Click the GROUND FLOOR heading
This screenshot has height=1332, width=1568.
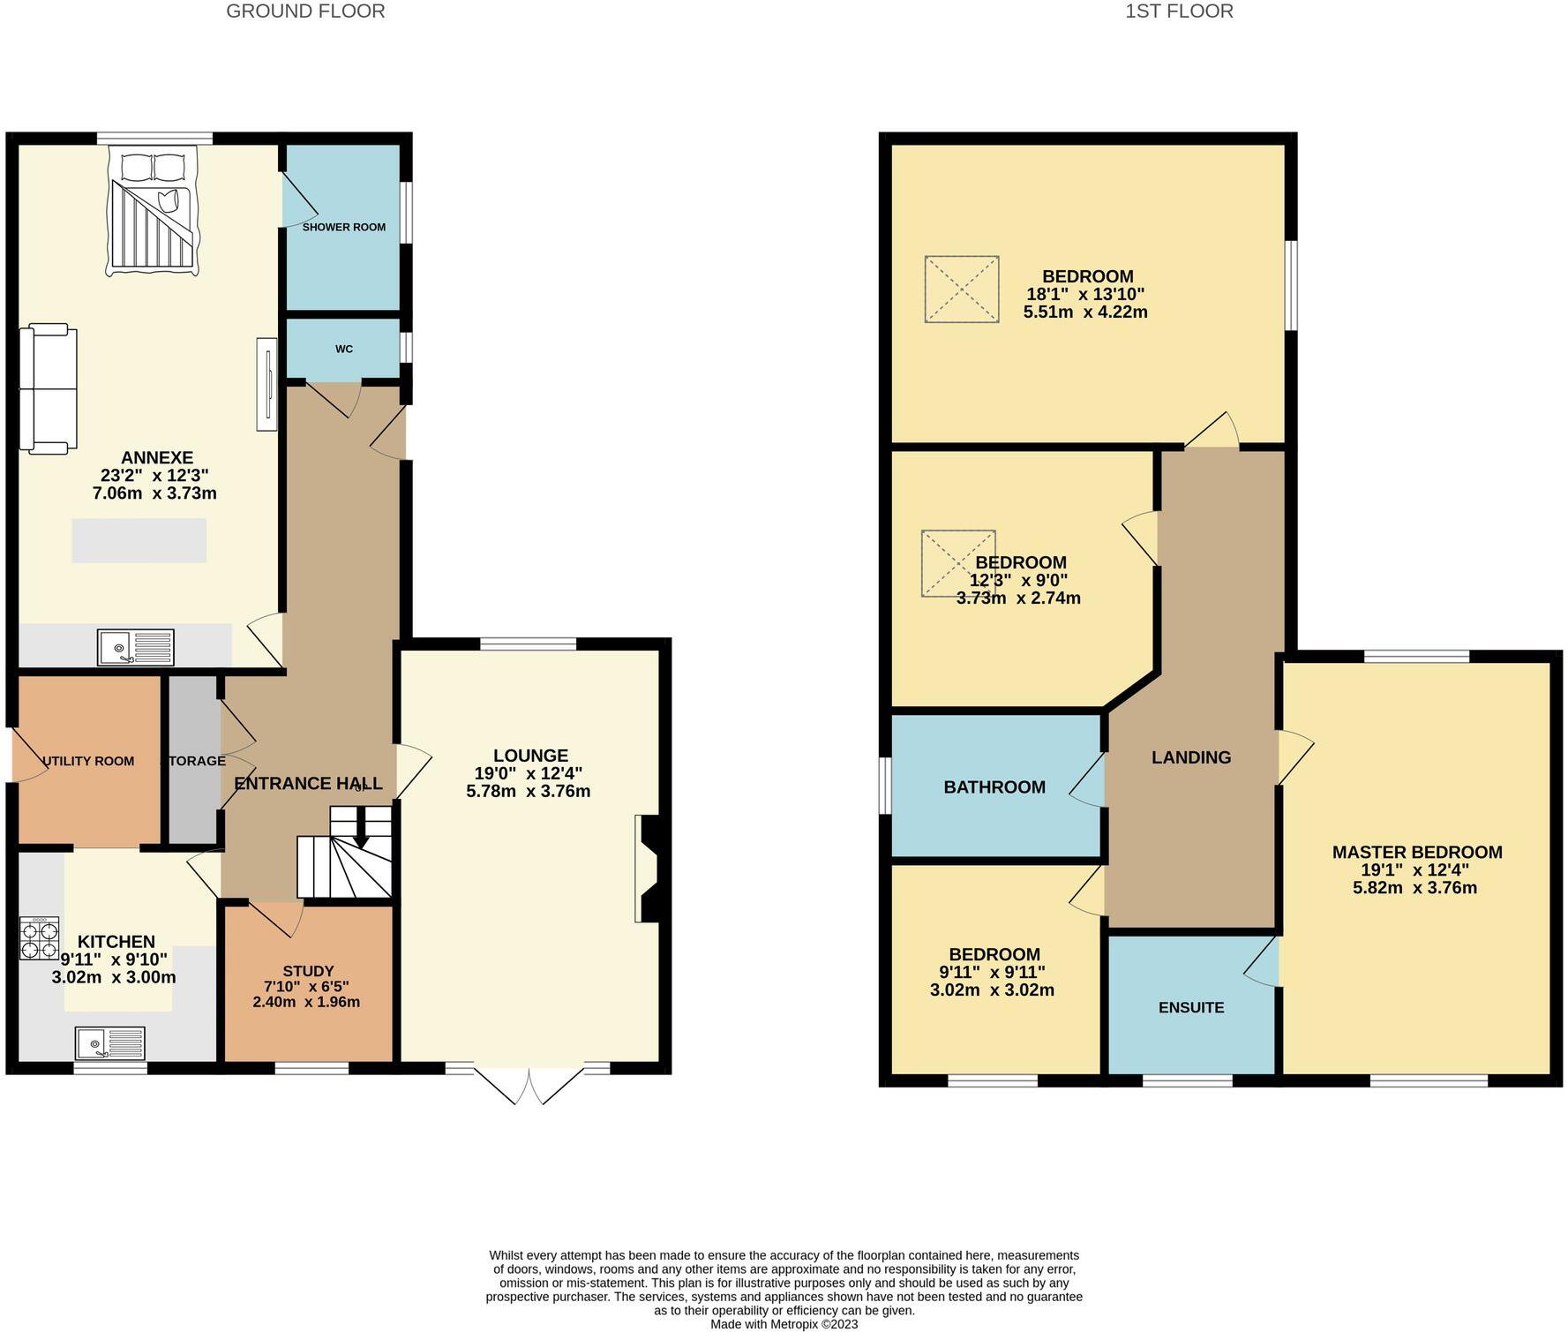(x=305, y=11)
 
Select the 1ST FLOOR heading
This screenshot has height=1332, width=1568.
(x=1179, y=11)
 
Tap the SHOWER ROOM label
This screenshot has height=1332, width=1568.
(x=343, y=227)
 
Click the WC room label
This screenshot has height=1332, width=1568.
(x=343, y=349)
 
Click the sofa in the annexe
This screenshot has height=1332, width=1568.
(x=49, y=388)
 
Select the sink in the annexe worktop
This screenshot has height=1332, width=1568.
(x=136, y=647)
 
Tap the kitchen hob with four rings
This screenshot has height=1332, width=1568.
(x=40, y=938)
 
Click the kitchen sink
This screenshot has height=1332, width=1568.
(x=110, y=1043)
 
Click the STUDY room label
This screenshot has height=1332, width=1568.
(x=308, y=971)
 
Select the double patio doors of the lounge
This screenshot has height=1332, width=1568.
(x=529, y=1085)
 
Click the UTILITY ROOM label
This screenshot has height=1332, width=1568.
(x=88, y=761)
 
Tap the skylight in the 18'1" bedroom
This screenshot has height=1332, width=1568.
(x=961, y=290)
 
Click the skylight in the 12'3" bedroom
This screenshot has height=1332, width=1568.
(x=957, y=563)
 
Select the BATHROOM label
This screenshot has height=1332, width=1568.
(x=994, y=787)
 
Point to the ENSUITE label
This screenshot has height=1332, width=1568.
(x=1190, y=1007)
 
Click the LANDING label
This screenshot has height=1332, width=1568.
(x=1190, y=757)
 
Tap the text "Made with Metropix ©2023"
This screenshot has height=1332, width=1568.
(x=784, y=1324)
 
